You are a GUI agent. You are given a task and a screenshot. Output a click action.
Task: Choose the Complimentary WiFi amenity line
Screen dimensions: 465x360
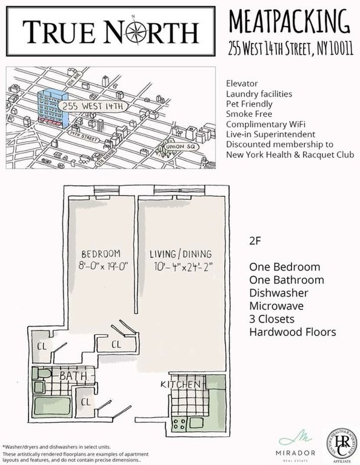coord(265,124)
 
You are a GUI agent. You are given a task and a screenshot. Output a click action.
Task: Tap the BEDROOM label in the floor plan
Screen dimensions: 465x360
coord(101,253)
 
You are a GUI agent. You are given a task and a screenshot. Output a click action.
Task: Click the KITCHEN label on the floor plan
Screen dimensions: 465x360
coord(180,385)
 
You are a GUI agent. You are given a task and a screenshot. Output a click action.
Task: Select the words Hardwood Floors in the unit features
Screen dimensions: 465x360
coord(292,332)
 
